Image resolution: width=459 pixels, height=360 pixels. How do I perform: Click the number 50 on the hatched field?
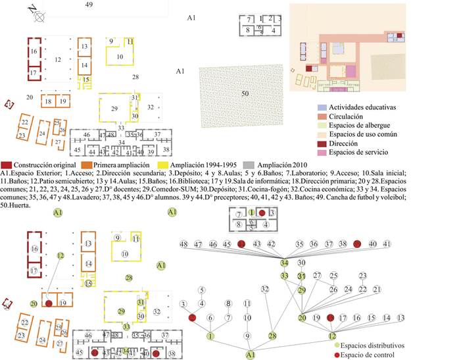point(245,94)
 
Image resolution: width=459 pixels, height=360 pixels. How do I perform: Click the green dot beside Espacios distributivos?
point(337,344)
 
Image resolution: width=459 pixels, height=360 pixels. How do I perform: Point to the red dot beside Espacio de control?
point(337,355)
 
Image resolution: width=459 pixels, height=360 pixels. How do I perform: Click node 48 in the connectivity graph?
point(184,244)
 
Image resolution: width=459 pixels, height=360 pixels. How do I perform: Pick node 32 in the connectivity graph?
point(265,289)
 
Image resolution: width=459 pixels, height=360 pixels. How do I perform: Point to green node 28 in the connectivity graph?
point(273,336)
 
